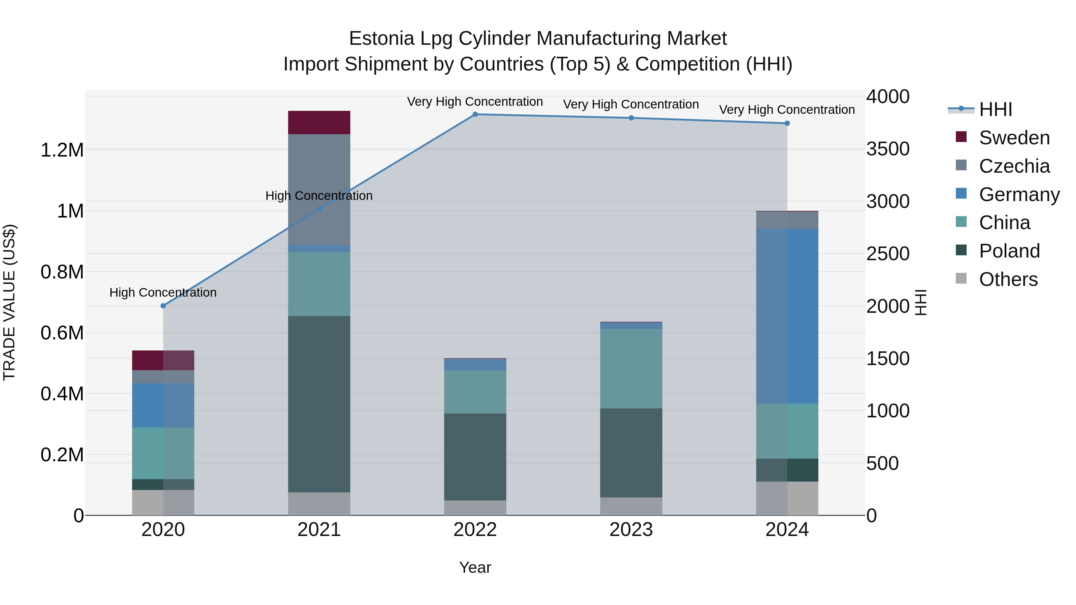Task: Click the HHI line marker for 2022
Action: (475, 114)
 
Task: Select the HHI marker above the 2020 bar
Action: (163, 306)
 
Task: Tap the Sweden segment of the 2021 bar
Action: (319, 122)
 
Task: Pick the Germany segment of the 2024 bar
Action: (787, 316)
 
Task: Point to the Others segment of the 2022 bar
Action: (475, 508)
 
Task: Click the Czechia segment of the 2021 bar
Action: (319, 189)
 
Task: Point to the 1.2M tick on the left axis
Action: (62, 150)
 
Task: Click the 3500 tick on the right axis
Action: (888, 149)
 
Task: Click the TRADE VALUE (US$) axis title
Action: (9, 302)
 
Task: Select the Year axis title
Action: (475, 567)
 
